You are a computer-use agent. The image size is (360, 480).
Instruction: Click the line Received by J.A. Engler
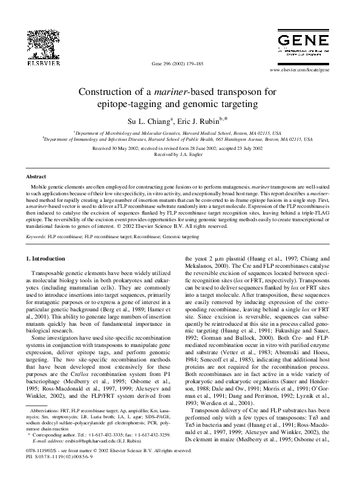[x=180, y=154]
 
